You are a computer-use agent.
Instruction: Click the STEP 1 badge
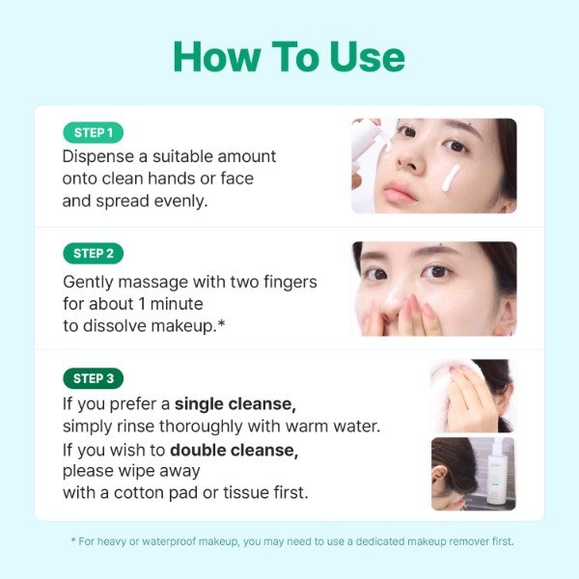(93, 132)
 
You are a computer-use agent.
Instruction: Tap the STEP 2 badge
(93, 254)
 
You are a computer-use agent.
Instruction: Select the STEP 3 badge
(93, 378)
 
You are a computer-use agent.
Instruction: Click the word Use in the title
(367, 57)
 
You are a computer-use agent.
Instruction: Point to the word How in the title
(217, 57)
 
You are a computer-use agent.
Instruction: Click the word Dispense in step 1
(97, 157)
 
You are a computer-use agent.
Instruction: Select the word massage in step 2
(153, 283)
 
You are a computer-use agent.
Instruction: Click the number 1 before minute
(142, 304)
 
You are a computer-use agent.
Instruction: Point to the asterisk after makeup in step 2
(221, 323)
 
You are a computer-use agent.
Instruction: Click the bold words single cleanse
(235, 404)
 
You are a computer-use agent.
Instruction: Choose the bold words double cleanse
(234, 451)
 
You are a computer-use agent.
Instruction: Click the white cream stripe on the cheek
(451, 178)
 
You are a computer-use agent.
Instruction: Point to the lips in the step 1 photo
(400, 191)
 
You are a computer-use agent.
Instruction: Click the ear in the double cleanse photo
(441, 477)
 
